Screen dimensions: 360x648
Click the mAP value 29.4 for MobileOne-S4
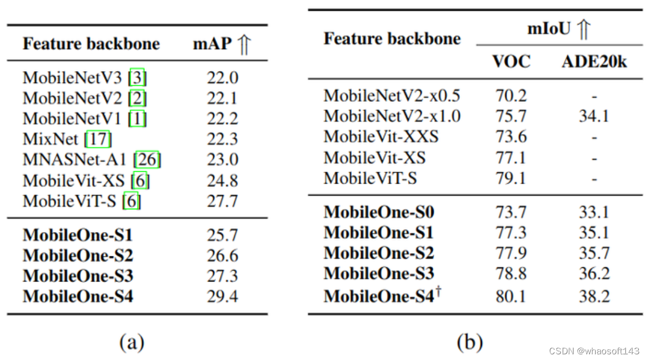point(222,296)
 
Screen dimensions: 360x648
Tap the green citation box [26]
point(148,160)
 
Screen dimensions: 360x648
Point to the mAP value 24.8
point(222,181)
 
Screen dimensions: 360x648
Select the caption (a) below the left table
point(132,342)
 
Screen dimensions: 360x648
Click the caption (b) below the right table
point(470,342)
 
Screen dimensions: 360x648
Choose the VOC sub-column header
point(511,61)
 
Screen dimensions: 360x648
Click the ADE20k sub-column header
point(594,61)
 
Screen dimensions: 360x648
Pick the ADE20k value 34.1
point(594,117)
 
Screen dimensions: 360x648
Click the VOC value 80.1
point(511,296)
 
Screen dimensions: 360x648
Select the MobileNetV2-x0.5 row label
point(392,96)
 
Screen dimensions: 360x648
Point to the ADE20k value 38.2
point(594,296)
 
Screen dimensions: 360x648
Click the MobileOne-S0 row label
point(379,212)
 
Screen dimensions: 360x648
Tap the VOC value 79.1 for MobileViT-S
point(511,178)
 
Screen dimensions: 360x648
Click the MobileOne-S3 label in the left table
point(78,276)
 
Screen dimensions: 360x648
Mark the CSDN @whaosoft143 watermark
point(595,351)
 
